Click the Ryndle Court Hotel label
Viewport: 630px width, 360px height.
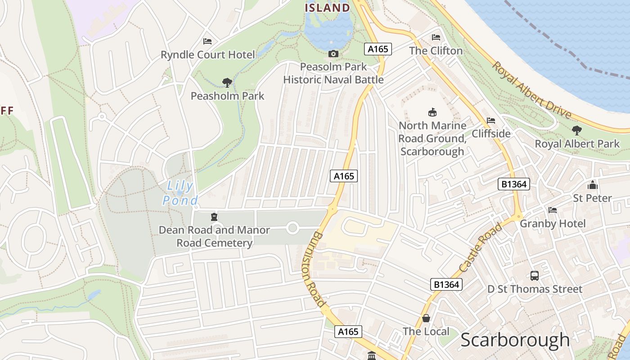(207, 55)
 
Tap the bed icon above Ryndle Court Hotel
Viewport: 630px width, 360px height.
(207, 41)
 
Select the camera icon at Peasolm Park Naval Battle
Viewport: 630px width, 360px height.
(333, 54)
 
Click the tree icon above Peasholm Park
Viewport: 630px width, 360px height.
(227, 82)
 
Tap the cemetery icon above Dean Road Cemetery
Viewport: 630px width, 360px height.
(214, 217)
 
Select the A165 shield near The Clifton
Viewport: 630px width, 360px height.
(378, 49)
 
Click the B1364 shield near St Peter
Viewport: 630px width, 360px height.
(514, 184)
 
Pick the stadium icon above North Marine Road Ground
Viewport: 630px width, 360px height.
(432, 112)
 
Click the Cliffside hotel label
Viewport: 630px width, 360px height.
(491, 134)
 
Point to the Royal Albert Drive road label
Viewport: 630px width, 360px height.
(531, 90)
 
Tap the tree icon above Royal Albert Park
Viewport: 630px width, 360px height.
(576, 131)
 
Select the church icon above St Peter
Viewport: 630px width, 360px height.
(592, 185)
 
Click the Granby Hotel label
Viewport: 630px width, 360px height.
(553, 224)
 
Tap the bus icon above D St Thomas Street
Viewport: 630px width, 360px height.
(535, 276)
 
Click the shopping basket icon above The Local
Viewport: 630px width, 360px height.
(426, 319)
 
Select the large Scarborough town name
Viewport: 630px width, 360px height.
(515, 340)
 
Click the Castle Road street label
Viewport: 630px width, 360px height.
(481, 248)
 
